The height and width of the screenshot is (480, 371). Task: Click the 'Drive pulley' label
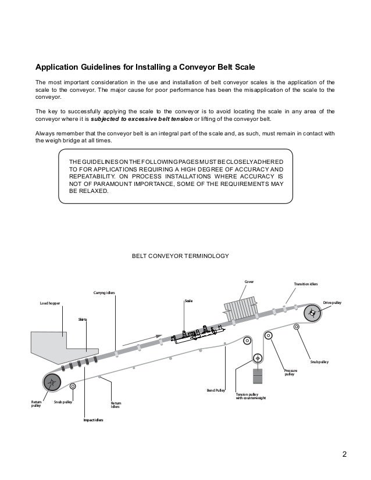point(333,302)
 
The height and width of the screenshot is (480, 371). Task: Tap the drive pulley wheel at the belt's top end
point(313,314)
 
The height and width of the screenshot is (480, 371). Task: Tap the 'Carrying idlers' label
point(105,292)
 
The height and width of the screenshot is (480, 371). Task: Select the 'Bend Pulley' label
point(216,391)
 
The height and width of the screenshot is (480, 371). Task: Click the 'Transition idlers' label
point(306,285)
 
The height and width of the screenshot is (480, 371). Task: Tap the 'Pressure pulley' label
point(290,372)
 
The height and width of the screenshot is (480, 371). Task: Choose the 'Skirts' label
point(83,320)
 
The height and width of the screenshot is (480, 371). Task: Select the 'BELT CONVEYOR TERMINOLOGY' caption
point(181,255)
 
